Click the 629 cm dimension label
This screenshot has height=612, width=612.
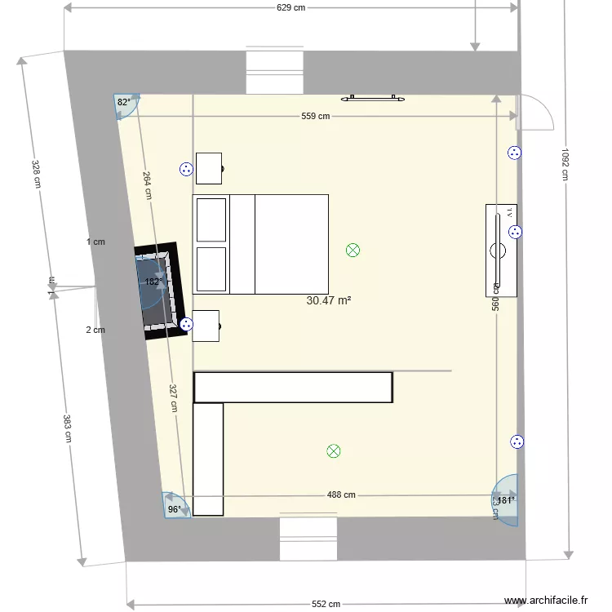pos(290,8)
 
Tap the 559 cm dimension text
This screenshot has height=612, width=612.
pos(315,116)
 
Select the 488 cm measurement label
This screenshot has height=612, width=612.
pos(341,494)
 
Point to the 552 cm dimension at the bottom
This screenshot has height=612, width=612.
pos(326,604)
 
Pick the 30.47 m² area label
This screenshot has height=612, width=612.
pos(329,300)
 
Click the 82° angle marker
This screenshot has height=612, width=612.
pos(125,104)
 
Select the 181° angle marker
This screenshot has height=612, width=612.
pos(506,500)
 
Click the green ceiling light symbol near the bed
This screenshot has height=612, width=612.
pos(353,251)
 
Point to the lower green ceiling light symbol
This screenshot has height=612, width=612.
pos(333,450)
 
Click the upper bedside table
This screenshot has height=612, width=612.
pos(209,168)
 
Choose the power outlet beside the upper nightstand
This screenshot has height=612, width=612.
pos(186,170)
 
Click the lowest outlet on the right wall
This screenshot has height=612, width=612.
pos(517,442)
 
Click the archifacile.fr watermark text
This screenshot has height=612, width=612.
pos(546,601)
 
